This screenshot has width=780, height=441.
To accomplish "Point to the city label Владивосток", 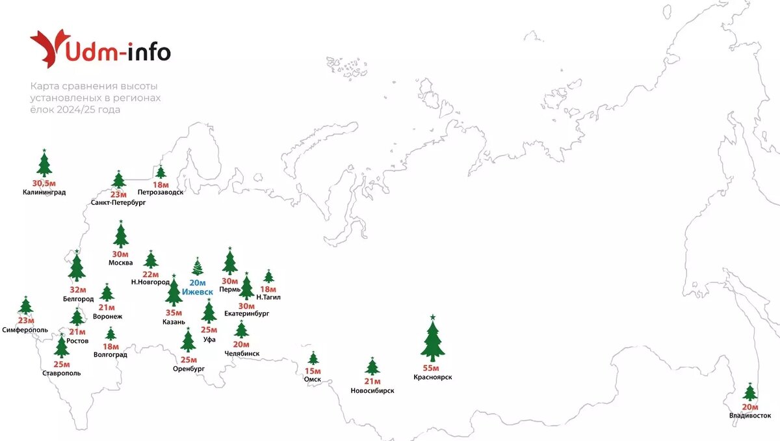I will tap(750, 415).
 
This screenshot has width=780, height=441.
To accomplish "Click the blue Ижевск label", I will tap(197, 292).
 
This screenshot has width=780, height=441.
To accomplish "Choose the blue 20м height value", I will tap(197, 283).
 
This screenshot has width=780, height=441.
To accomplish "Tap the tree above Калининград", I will tap(44, 164).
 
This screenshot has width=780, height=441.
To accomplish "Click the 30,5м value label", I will tap(44, 183).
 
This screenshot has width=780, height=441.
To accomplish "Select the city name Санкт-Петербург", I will tap(118, 202).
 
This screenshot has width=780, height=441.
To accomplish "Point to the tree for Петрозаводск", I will tap(161, 172).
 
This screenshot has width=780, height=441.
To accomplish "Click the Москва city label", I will tap(121, 263).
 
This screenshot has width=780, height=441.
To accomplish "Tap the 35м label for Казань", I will tap(174, 312).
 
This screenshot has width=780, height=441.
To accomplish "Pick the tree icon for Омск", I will tap(313, 358).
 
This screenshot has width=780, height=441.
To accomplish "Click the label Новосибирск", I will tap(372, 390).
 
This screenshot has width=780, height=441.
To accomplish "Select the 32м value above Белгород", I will tap(77, 290).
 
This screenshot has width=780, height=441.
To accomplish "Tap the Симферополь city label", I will tap(25, 330).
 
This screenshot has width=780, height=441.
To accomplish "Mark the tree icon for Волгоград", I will tap(110, 334).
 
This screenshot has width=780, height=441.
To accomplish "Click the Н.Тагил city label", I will tap(268, 297).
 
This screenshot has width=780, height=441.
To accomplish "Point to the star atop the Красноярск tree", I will tap(432, 317).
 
